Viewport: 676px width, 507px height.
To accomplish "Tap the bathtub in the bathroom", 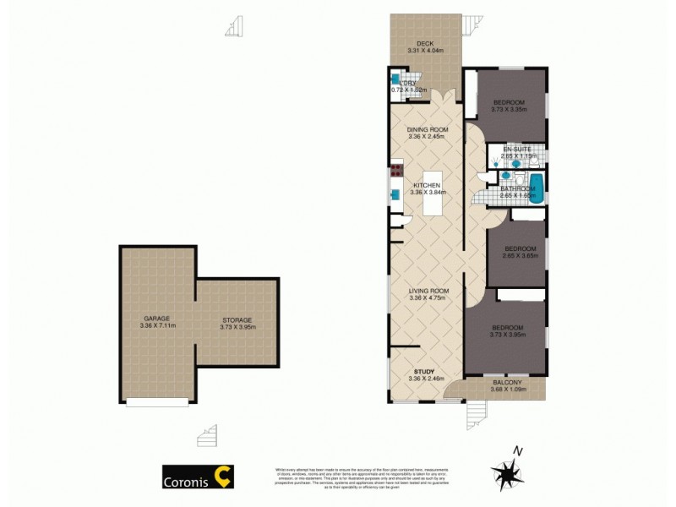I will (537, 184).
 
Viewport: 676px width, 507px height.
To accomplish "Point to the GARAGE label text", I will (156, 319).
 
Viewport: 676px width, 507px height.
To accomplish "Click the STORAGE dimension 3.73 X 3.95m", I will (237, 327).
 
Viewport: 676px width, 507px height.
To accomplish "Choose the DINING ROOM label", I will (427, 129).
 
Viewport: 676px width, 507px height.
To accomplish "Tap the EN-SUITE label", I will (516, 150).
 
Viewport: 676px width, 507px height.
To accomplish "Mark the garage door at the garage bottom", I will (156, 401).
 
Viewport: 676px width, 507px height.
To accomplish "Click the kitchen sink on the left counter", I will (395, 194).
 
